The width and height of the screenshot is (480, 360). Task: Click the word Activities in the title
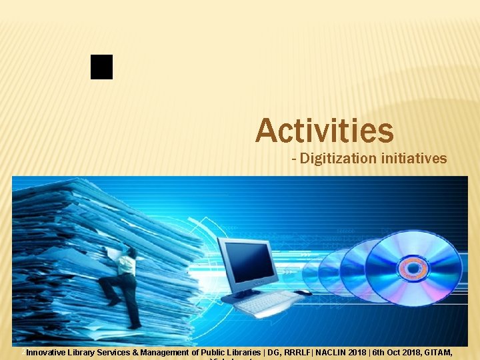point(325,130)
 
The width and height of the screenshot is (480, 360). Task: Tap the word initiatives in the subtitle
point(413,159)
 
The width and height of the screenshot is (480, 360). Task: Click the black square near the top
point(102,67)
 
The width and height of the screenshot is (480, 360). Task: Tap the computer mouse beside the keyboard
point(303,293)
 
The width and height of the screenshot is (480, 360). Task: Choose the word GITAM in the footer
point(437,352)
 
